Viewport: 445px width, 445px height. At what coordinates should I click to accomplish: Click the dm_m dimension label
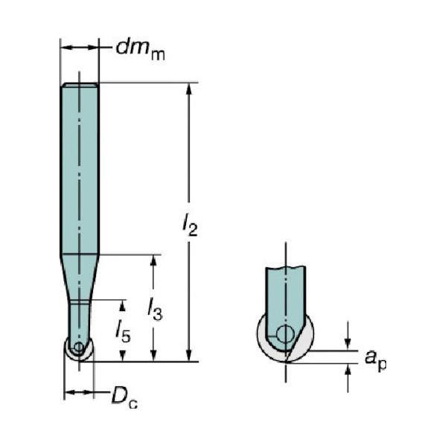pos(140,50)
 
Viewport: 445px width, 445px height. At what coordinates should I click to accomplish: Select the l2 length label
pos(190,225)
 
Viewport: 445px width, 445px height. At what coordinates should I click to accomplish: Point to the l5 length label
pos(123,331)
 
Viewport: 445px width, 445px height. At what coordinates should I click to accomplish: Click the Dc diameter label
pos(124,397)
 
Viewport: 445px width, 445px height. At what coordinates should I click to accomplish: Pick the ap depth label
pos(375,359)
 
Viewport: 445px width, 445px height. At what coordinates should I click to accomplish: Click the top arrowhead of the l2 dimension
pos(189,89)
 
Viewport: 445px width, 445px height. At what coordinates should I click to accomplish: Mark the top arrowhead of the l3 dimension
pos(153,260)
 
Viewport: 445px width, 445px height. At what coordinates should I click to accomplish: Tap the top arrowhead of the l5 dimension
pos(123,306)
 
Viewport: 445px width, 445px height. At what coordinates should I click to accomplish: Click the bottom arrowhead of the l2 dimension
pos(189,355)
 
